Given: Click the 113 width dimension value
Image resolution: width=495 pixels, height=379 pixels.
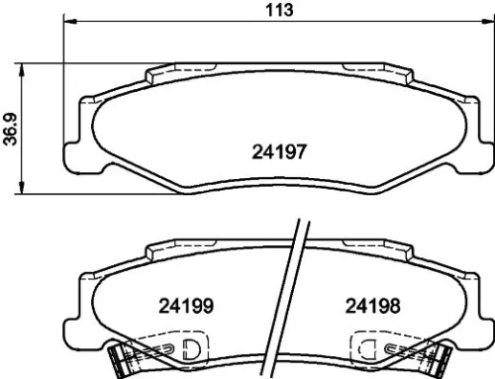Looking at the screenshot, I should coord(282,12).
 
